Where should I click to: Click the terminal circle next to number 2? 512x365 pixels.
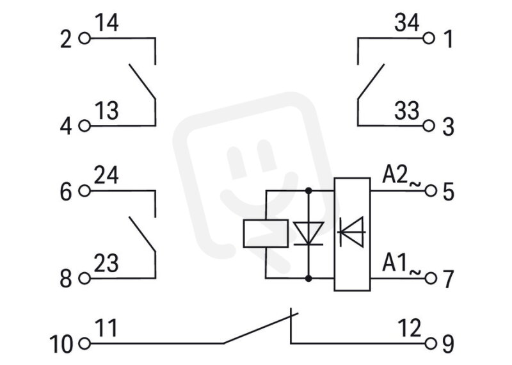click(84, 38)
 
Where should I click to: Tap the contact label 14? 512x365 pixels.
click(106, 23)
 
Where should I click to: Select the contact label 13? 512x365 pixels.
click(106, 110)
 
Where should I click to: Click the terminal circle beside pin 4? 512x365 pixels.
click(84, 126)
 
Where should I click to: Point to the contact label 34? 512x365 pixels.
click(406, 23)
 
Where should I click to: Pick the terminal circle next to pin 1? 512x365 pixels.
click(429, 38)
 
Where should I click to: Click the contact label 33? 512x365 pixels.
click(406, 110)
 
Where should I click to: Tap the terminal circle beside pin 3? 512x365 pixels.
click(429, 126)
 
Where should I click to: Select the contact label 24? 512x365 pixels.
click(106, 175)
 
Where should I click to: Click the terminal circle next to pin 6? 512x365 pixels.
click(84, 191)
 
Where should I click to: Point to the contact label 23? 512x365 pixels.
click(106, 263)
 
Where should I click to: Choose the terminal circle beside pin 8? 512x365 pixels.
click(84, 279)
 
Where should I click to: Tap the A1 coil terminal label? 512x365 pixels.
click(394, 263)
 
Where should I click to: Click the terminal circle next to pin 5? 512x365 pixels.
click(431, 191)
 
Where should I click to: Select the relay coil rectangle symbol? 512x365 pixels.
click(266, 233)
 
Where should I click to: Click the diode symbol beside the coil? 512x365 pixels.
click(308, 233)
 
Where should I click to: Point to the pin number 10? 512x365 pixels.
click(61, 344)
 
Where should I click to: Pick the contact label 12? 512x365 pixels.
click(410, 328)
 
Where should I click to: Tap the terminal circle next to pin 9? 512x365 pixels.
click(431, 343)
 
